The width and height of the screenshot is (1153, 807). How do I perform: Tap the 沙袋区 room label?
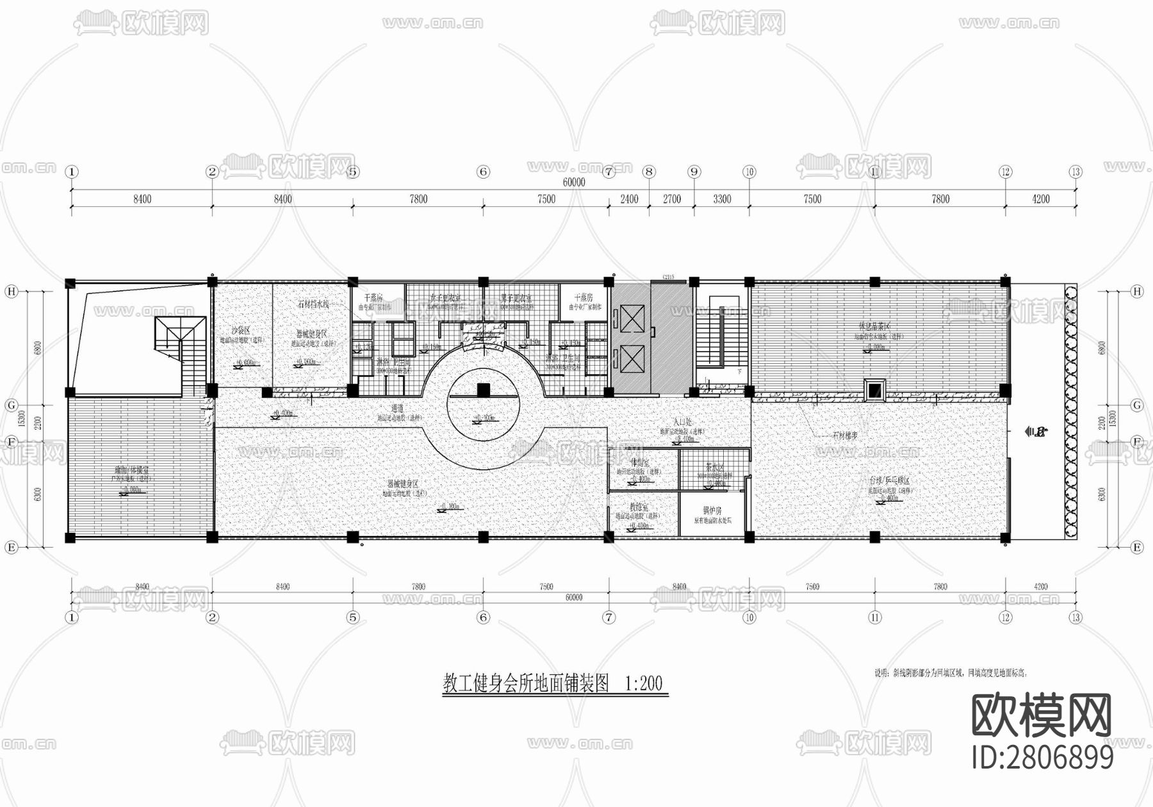point(241,330)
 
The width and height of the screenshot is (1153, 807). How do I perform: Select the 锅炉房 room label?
point(712,510)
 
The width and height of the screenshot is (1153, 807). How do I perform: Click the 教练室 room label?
point(638,507)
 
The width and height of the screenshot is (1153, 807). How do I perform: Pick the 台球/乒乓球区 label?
point(889,480)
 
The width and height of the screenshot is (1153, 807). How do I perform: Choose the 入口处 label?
point(682,423)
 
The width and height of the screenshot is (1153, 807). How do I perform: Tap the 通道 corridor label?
point(398,408)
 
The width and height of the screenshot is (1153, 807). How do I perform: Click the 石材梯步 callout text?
point(845,436)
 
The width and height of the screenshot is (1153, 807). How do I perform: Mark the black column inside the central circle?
point(484,389)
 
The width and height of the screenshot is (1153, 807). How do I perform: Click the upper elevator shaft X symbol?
point(632,318)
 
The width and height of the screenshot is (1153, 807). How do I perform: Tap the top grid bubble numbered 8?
point(650,172)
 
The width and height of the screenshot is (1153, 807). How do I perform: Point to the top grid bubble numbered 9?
point(694,172)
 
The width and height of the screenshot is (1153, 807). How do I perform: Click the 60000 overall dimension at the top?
point(574,183)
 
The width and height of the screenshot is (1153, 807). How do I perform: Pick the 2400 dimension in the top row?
point(629,199)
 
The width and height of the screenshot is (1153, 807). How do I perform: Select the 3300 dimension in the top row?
point(722,199)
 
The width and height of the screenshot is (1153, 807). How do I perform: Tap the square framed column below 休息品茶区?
point(874,390)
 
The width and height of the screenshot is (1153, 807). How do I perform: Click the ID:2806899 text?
point(1042,758)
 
